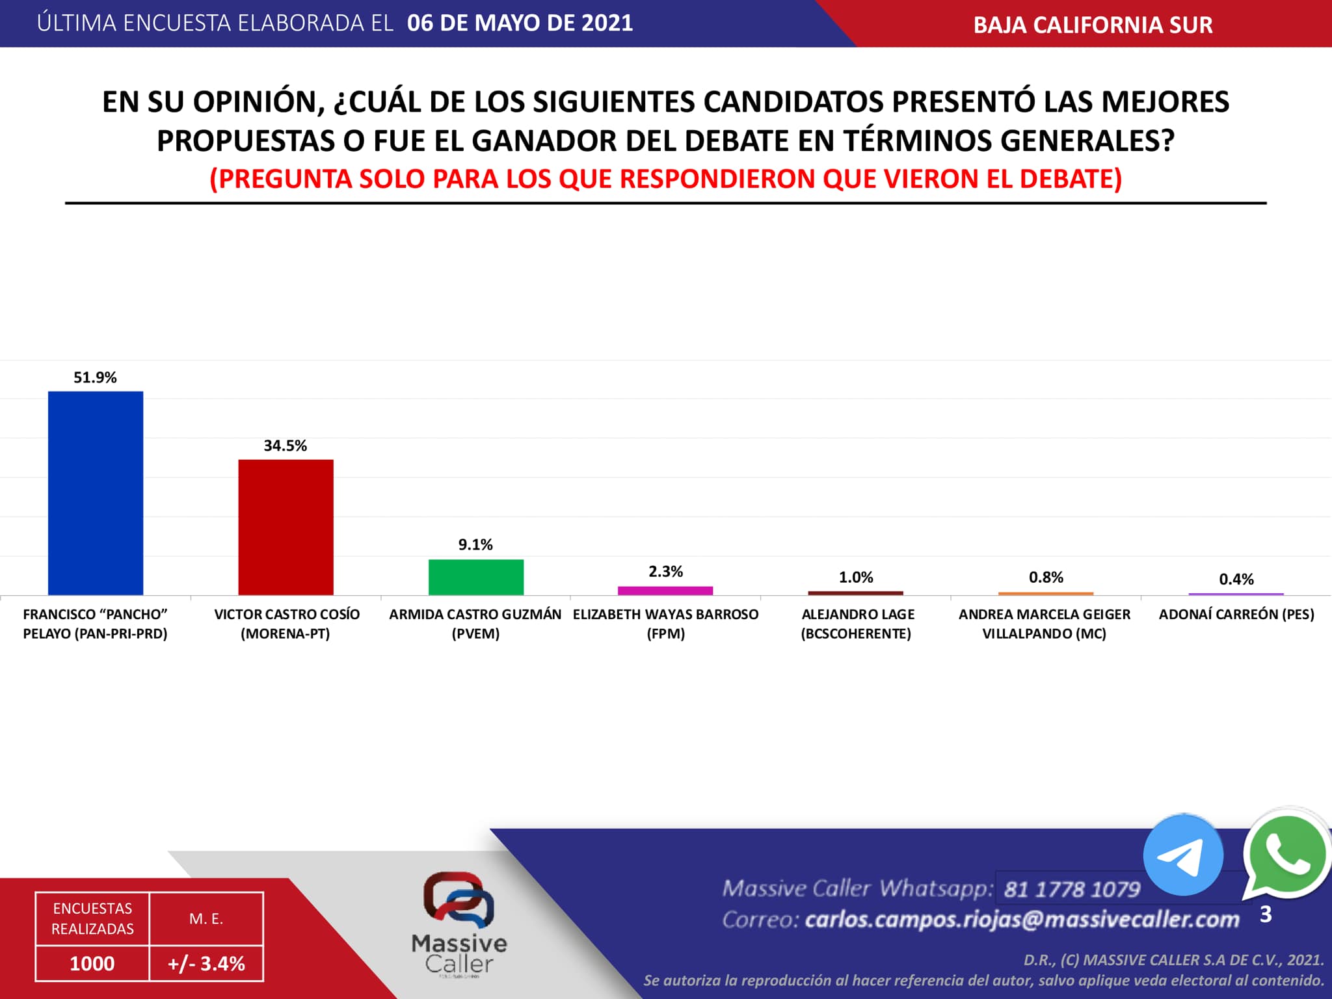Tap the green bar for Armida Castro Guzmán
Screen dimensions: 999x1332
[x=476, y=577]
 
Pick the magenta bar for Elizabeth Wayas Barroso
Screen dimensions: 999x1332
[x=665, y=591]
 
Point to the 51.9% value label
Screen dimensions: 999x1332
[x=95, y=378]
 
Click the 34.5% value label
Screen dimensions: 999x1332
[x=285, y=446]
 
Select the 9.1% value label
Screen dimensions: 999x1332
[x=475, y=545]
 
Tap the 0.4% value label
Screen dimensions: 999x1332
[x=1236, y=579]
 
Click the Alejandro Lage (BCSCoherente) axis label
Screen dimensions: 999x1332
[x=857, y=624]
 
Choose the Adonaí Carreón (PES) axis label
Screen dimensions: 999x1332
[x=1236, y=615]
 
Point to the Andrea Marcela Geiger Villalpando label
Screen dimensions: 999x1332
[x=1045, y=624]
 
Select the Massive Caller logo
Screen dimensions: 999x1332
[x=459, y=924]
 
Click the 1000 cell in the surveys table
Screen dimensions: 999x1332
[x=92, y=963]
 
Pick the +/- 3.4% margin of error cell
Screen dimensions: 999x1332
[x=206, y=963]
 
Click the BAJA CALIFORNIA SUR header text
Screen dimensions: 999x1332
[x=1093, y=25]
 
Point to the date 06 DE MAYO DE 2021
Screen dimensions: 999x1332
[x=520, y=23]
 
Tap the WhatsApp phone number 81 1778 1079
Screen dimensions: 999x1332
[x=1072, y=889]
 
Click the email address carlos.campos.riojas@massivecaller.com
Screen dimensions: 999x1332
[x=1022, y=920]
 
